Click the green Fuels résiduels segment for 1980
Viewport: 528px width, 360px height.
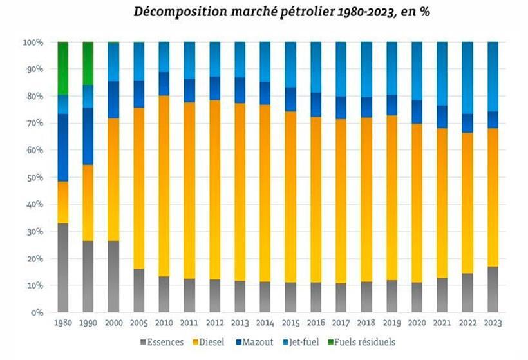[63, 68]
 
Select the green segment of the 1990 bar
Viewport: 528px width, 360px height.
[88, 63]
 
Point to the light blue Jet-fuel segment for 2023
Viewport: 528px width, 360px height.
[493, 77]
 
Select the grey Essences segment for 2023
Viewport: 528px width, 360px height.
[493, 289]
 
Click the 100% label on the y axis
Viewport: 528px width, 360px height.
[33, 42]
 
